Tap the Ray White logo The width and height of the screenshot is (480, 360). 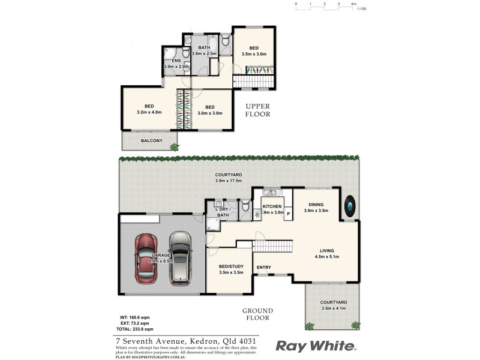point(316,346)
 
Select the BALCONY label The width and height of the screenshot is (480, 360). point(151,141)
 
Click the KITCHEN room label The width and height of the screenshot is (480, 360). point(272,206)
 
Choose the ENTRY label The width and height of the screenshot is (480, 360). point(263,267)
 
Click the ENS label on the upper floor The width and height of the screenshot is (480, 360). point(176,61)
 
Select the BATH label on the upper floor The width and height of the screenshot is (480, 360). point(204,47)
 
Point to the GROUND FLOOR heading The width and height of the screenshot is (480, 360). point(257,314)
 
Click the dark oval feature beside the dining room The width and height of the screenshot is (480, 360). point(350,207)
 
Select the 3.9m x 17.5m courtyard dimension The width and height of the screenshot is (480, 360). point(229,181)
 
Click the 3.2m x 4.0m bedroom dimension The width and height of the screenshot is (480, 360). point(149,112)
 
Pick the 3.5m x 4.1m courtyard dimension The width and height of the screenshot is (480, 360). point(334,308)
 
